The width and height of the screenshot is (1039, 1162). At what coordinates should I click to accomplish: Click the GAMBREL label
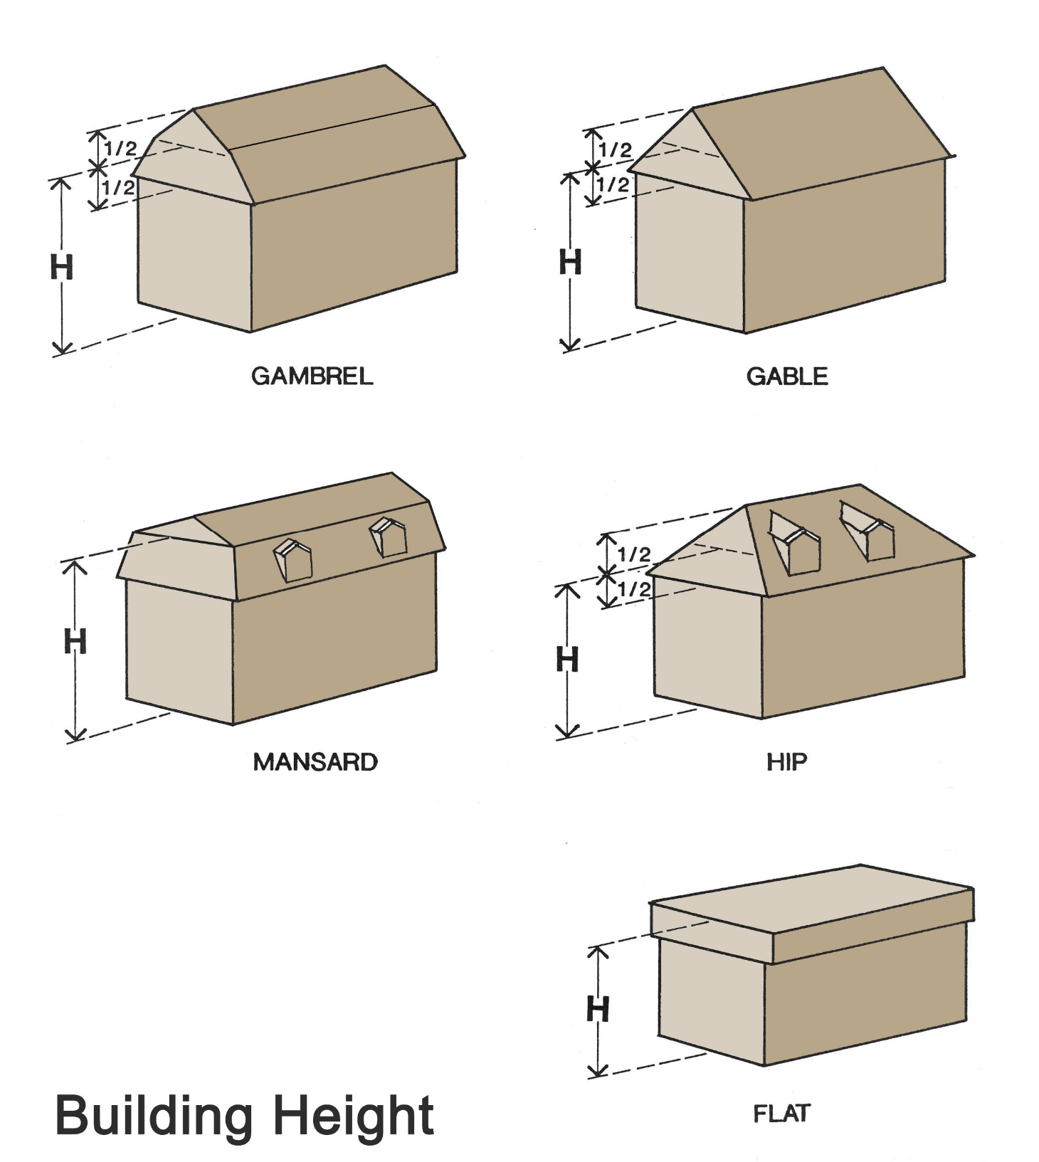312,376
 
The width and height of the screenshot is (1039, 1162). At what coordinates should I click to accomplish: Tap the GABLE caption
787,376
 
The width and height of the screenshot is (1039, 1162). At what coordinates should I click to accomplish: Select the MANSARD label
315,762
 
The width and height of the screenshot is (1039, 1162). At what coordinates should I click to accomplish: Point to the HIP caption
786,762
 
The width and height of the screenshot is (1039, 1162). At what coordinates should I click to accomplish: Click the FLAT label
781,1113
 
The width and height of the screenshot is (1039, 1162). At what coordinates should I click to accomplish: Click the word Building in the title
154,1115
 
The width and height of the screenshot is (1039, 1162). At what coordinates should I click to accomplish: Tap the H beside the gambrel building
62,267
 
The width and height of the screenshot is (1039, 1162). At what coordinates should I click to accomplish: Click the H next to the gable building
570,262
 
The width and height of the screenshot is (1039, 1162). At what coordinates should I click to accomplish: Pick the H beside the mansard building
75,641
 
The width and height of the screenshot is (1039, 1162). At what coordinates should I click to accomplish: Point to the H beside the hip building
567,659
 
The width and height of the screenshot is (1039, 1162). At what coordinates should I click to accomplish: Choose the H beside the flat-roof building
598,1008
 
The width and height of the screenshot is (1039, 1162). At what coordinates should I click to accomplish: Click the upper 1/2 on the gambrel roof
120,149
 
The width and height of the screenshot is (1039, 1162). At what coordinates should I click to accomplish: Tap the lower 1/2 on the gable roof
613,185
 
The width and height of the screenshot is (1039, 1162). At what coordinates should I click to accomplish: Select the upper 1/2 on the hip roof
633,554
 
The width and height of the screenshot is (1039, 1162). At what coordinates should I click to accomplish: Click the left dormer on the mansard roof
293,560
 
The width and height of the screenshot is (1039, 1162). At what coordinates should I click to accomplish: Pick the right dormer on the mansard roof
388,537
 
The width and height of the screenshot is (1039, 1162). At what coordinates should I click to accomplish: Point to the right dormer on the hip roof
867,530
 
